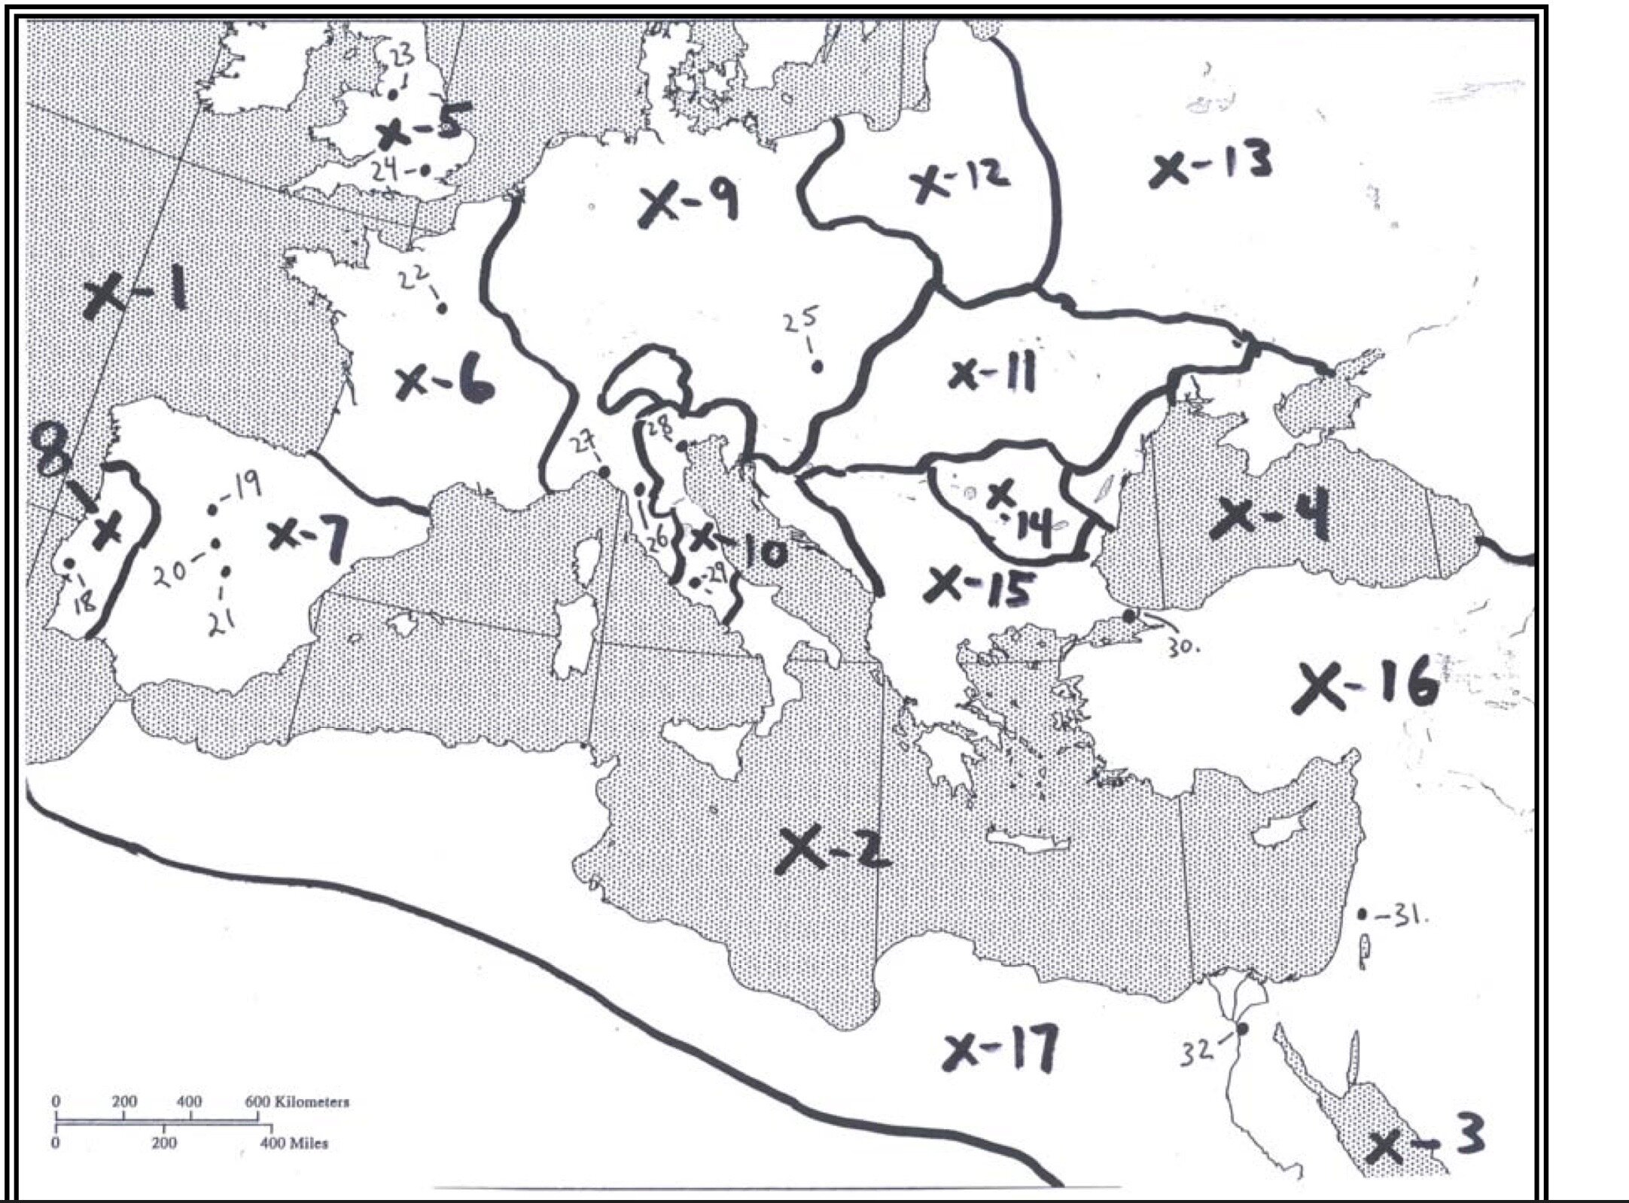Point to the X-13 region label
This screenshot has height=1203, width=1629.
coord(1211,166)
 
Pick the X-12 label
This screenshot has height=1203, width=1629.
coord(960,178)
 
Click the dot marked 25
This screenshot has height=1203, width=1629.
coord(816,367)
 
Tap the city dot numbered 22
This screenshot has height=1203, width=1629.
coord(443,308)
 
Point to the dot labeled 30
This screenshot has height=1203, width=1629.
coord(1128,615)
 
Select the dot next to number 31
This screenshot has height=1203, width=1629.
coord(1363,915)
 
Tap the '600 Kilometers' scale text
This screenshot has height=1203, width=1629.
coord(297,1102)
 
